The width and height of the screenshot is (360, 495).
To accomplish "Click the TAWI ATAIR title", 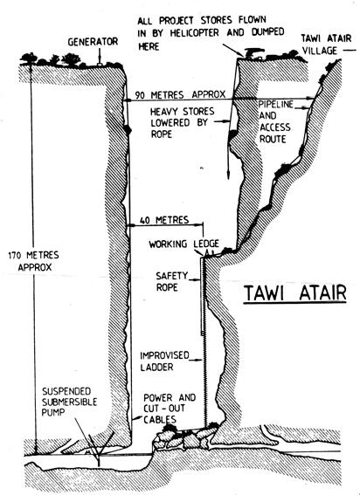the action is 294,293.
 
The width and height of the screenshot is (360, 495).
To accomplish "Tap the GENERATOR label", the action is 93,42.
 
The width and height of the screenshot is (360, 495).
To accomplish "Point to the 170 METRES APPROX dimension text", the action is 34,261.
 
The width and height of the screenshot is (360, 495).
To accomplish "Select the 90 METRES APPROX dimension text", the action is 180,94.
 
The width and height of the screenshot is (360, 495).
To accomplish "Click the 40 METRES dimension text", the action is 164,220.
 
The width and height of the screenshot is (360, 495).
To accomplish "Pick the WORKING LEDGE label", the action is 184,244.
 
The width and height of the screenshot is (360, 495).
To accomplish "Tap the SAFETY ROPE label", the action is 171,282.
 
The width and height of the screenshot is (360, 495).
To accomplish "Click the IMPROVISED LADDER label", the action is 164,361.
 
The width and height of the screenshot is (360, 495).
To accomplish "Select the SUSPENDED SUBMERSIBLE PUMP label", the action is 70,402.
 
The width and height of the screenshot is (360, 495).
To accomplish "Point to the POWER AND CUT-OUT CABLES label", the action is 170,409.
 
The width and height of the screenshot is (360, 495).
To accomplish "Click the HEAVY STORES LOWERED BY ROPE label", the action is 182,122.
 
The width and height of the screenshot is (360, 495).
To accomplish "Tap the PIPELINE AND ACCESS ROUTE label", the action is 275,122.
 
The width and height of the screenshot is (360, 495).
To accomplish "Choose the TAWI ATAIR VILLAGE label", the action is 326,45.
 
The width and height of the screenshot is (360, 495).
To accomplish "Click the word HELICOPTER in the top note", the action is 194,33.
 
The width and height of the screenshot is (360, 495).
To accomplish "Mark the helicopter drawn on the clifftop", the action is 253,53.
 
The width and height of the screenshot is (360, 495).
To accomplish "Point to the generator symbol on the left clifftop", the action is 100,65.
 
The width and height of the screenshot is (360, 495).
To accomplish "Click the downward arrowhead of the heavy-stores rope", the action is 228,175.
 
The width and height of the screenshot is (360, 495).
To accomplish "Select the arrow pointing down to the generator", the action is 100,55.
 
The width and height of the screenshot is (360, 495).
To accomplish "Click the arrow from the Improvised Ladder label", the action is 196,360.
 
